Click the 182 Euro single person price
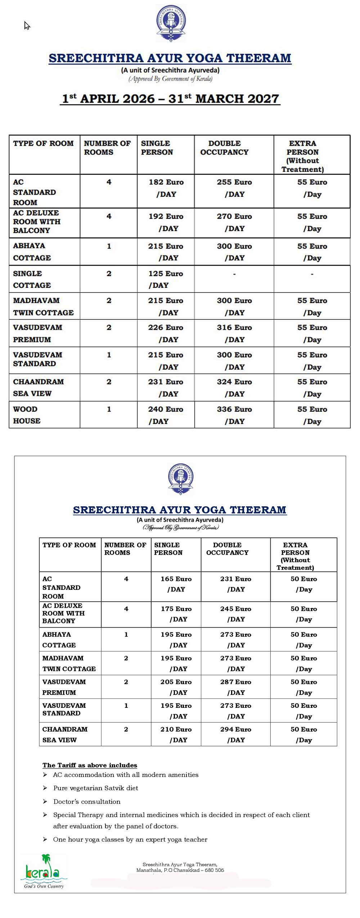[166, 182]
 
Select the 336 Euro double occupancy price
[234, 409]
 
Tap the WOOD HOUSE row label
[27, 415]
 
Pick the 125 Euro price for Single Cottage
[166, 274]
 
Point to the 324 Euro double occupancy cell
[234, 382]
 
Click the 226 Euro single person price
[166, 327]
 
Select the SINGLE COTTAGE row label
[32, 279]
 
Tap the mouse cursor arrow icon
[27, 26]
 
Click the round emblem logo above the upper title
[171, 23]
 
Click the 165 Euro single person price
[176, 579]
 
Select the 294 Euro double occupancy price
[235, 729]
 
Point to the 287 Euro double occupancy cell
[235, 682]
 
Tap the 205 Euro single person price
[176, 682]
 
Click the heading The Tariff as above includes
[90, 765]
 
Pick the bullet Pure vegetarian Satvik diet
[95, 788]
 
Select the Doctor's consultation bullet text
[87, 801]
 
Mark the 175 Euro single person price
[176, 609]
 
